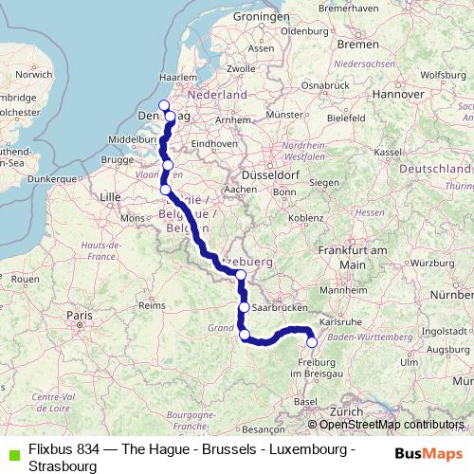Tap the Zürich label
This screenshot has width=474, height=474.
click(x=347, y=412)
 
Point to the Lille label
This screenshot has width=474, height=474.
click(x=111, y=196)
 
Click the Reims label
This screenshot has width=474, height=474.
click(x=152, y=305)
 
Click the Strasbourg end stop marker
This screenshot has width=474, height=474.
click(x=311, y=342)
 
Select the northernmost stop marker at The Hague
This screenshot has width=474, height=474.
click(x=163, y=105)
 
